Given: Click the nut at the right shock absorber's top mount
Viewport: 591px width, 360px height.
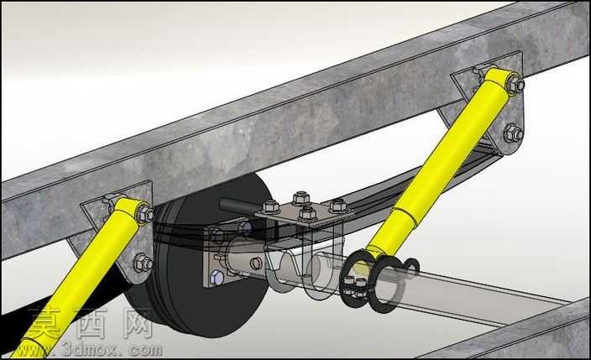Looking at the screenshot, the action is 515,86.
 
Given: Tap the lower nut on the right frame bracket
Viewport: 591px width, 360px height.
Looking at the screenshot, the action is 514,133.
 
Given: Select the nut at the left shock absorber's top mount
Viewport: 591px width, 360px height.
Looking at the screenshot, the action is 144,214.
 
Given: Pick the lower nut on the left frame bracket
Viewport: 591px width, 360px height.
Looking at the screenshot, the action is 143,263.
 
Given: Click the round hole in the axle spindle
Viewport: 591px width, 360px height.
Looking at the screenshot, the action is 256,263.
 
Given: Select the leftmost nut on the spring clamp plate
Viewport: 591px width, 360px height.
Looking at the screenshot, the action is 270,208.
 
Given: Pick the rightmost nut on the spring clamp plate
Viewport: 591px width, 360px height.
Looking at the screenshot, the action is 337,206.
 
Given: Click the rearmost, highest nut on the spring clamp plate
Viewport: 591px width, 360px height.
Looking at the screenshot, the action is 301,197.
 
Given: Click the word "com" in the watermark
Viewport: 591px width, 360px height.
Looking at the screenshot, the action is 144,350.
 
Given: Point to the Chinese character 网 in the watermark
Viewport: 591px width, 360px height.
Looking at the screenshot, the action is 137,324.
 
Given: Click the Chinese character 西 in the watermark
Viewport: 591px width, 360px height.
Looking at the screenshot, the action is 91,324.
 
